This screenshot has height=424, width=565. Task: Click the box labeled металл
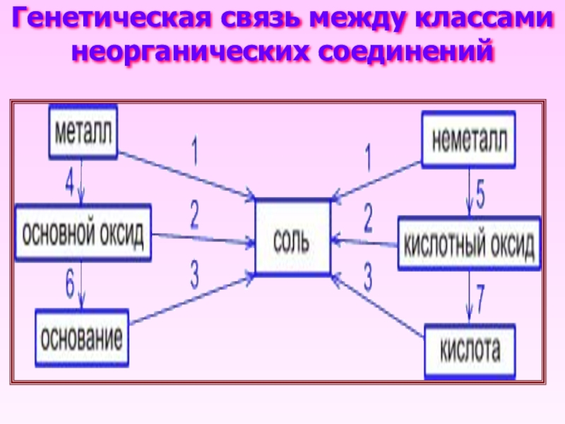[x=83, y=132]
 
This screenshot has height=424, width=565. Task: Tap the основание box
[x=82, y=337]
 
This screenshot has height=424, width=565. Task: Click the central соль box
[x=292, y=237]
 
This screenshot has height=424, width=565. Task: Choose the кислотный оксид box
[x=469, y=245]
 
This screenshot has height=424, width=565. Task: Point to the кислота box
[x=470, y=350]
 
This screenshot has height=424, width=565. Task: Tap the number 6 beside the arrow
[x=69, y=285]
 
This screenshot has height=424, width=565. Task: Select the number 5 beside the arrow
[x=481, y=194]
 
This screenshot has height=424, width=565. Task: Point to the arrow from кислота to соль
[x=378, y=305]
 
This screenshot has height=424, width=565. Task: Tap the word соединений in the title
[x=409, y=51]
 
